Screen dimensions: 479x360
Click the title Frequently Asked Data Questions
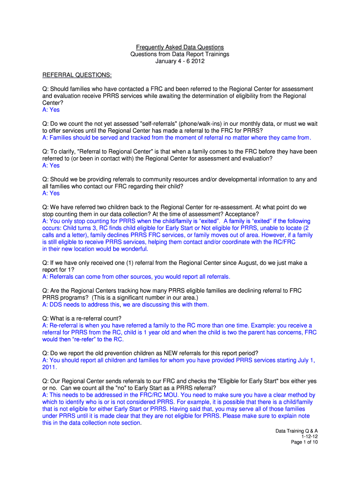(180, 47)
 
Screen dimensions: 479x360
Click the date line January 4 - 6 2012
(180, 61)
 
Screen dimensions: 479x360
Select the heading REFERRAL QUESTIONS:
(77, 75)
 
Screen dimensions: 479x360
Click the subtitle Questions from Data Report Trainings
(180, 54)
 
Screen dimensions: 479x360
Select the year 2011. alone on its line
(50, 367)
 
